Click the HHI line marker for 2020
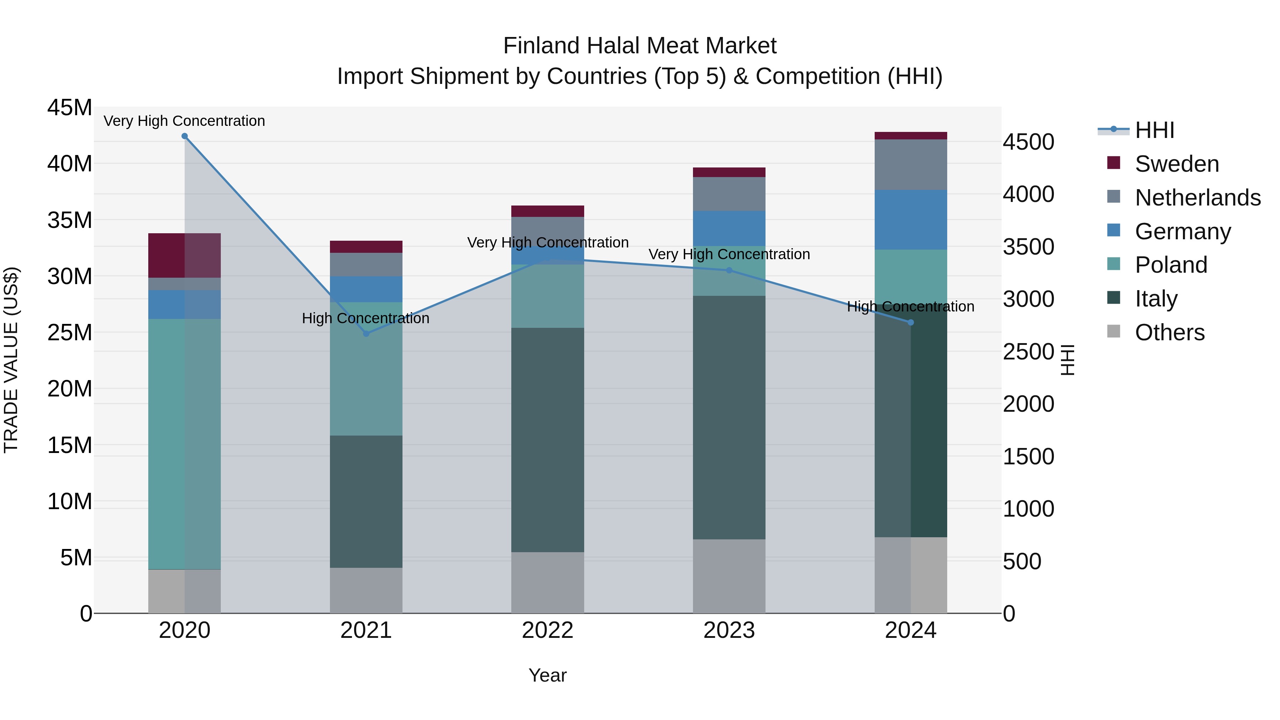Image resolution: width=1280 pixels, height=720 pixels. tap(184, 136)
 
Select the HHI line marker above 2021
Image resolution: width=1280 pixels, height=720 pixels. tap(366, 334)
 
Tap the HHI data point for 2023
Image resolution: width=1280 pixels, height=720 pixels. tap(729, 270)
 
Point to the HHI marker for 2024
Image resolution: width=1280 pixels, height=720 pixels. tap(910, 322)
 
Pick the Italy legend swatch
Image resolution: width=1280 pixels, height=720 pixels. tap(1114, 298)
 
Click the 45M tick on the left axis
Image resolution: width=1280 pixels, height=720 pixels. tap(70, 107)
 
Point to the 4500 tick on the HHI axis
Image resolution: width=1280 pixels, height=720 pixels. tap(1028, 142)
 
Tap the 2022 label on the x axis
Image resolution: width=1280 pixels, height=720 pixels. tap(548, 630)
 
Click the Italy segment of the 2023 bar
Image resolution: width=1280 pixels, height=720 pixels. tap(729, 417)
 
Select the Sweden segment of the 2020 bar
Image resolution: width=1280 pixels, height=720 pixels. tap(184, 255)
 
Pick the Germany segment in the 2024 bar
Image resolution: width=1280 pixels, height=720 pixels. tap(910, 220)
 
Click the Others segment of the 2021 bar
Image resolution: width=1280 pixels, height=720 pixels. tap(366, 590)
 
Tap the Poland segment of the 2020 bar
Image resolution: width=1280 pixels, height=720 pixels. tap(184, 444)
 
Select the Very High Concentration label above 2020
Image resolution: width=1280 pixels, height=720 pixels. tap(184, 121)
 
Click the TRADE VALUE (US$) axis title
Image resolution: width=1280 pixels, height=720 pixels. tap(11, 360)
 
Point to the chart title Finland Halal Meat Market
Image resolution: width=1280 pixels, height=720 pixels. tap(640, 46)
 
